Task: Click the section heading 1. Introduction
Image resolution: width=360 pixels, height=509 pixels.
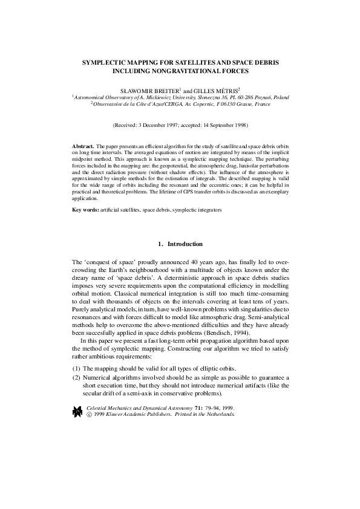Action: click(x=180, y=244)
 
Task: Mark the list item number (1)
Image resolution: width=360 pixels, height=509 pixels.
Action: click(x=76, y=369)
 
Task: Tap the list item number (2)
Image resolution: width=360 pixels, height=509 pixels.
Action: click(x=76, y=378)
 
